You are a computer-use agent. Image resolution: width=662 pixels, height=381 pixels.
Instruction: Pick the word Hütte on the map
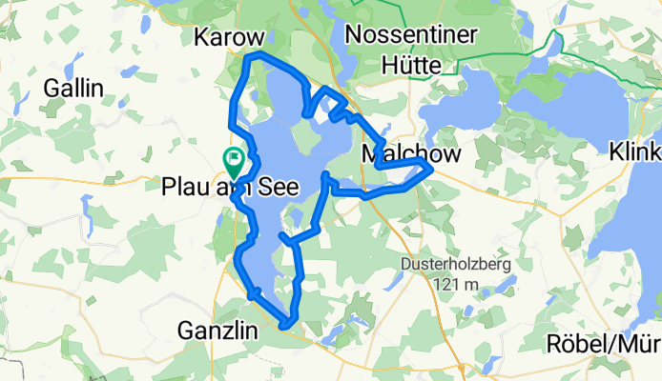(410, 65)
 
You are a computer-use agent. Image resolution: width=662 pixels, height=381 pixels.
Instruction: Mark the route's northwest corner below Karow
(250, 58)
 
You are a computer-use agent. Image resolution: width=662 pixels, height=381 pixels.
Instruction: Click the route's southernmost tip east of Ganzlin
(285, 327)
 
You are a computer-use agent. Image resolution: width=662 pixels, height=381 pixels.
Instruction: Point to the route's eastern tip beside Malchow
(432, 169)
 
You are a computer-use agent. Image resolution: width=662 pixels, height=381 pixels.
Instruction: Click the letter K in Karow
(201, 37)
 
